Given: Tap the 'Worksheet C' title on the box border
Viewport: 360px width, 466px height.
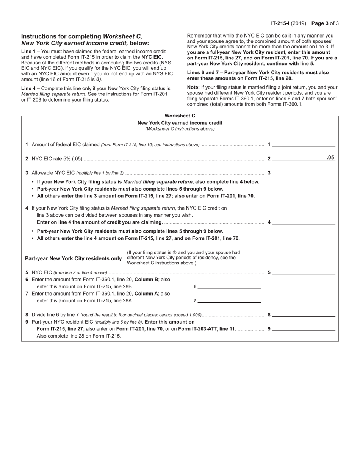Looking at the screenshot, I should pyautogui.click(x=180, y=116).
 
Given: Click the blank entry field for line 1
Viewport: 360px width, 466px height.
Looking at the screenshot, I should pyautogui.click(x=304, y=144).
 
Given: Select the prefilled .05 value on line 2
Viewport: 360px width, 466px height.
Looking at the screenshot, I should pyautogui.click(x=330, y=158).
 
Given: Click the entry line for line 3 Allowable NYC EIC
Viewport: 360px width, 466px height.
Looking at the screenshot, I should pyautogui.click(x=304, y=172).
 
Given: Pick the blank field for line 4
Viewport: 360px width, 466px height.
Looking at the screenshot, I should pyautogui.click(x=304, y=222).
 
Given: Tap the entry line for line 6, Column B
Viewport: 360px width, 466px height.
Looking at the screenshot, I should pyautogui.click(x=229, y=286).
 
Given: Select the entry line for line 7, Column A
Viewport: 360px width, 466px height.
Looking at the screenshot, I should pyautogui.click(x=229, y=300).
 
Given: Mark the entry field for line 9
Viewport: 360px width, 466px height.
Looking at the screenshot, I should pyautogui.click(x=304, y=328).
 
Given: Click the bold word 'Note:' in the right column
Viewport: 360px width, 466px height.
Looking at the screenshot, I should pyautogui.click(x=193, y=87).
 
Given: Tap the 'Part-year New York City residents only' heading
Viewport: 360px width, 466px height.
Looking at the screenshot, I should pyautogui.click(x=73, y=258).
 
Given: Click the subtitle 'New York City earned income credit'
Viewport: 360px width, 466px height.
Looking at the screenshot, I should pyautogui.click(x=180, y=123).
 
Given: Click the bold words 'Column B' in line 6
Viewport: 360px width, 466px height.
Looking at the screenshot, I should pyautogui.click(x=146, y=280).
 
